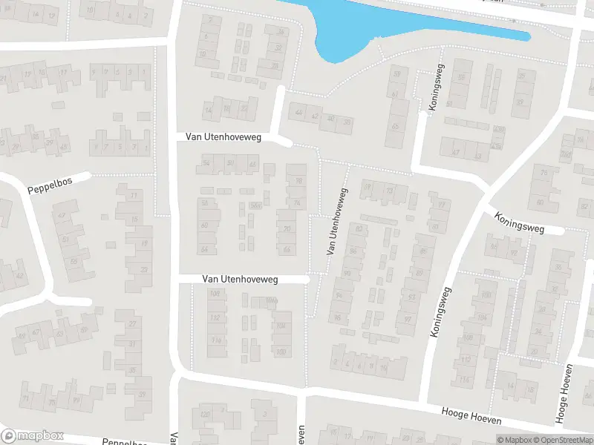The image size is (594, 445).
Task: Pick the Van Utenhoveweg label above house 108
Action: [240, 279]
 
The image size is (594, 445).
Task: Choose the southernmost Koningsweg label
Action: [440, 312]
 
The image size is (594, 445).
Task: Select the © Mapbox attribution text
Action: [515, 440]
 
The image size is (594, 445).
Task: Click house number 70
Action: [287, 229]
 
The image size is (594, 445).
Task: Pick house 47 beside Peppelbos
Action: [62, 215]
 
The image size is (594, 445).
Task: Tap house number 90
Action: [347, 274]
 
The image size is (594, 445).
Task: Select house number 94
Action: [340, 294]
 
